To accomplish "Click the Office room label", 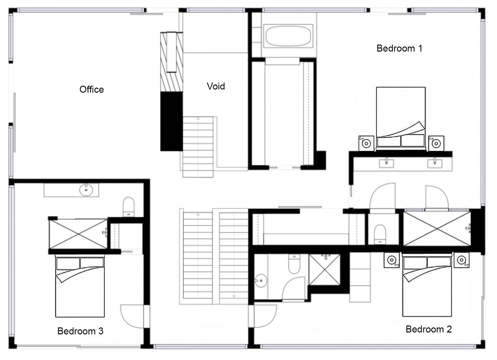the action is [x=92, y=90].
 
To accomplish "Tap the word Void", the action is [x=216, y=86].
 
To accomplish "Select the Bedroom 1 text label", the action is [x=399, y=48].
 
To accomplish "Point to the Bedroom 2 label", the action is [x=429, y=329].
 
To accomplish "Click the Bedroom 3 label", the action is [x=80, y=331].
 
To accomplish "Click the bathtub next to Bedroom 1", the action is [x=288, y=36].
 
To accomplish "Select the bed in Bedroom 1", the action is [x=401, y=119].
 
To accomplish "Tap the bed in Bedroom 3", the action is [x=80, y=286].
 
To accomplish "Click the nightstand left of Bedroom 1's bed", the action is [x=366, y=143].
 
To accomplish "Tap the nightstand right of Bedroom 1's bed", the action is [x=436, y=143].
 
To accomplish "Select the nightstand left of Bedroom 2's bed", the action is [x=392, y=260].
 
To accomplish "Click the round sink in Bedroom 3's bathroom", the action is [x=86, y=190].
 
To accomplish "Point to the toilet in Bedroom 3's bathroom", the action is [x=128, y=207].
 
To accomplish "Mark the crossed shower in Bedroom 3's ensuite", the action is [x=78, y=234].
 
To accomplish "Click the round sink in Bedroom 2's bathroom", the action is [x=261, y=281].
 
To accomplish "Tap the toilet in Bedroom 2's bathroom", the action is [x=294, y=264].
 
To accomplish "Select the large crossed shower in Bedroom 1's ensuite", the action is [x=437, y=229].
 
